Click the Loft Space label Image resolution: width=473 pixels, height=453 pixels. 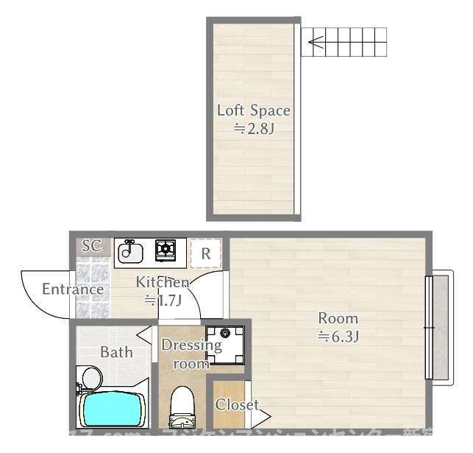click(x=253, y=111)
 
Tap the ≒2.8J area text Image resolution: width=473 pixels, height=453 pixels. click(x=253, y=129)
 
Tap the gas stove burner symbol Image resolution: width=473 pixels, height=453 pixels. click(x=165, y=250)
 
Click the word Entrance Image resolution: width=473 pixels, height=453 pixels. click(x=72, y=289)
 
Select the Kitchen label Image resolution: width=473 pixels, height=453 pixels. click(x=162, y=282)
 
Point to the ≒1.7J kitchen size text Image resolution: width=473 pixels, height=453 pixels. click(x=162, y=300)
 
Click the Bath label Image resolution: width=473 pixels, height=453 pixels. click(x=117, y=352)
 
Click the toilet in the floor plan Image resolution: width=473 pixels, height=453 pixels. click(x=182, y=408)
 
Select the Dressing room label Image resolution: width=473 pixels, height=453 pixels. click(x=191, y=354)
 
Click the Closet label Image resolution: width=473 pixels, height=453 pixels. click(x=236, y=405)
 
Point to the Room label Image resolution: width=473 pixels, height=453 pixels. click(x=338, y=319)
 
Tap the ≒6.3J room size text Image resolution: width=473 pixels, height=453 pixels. click(x=338, y=337)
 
